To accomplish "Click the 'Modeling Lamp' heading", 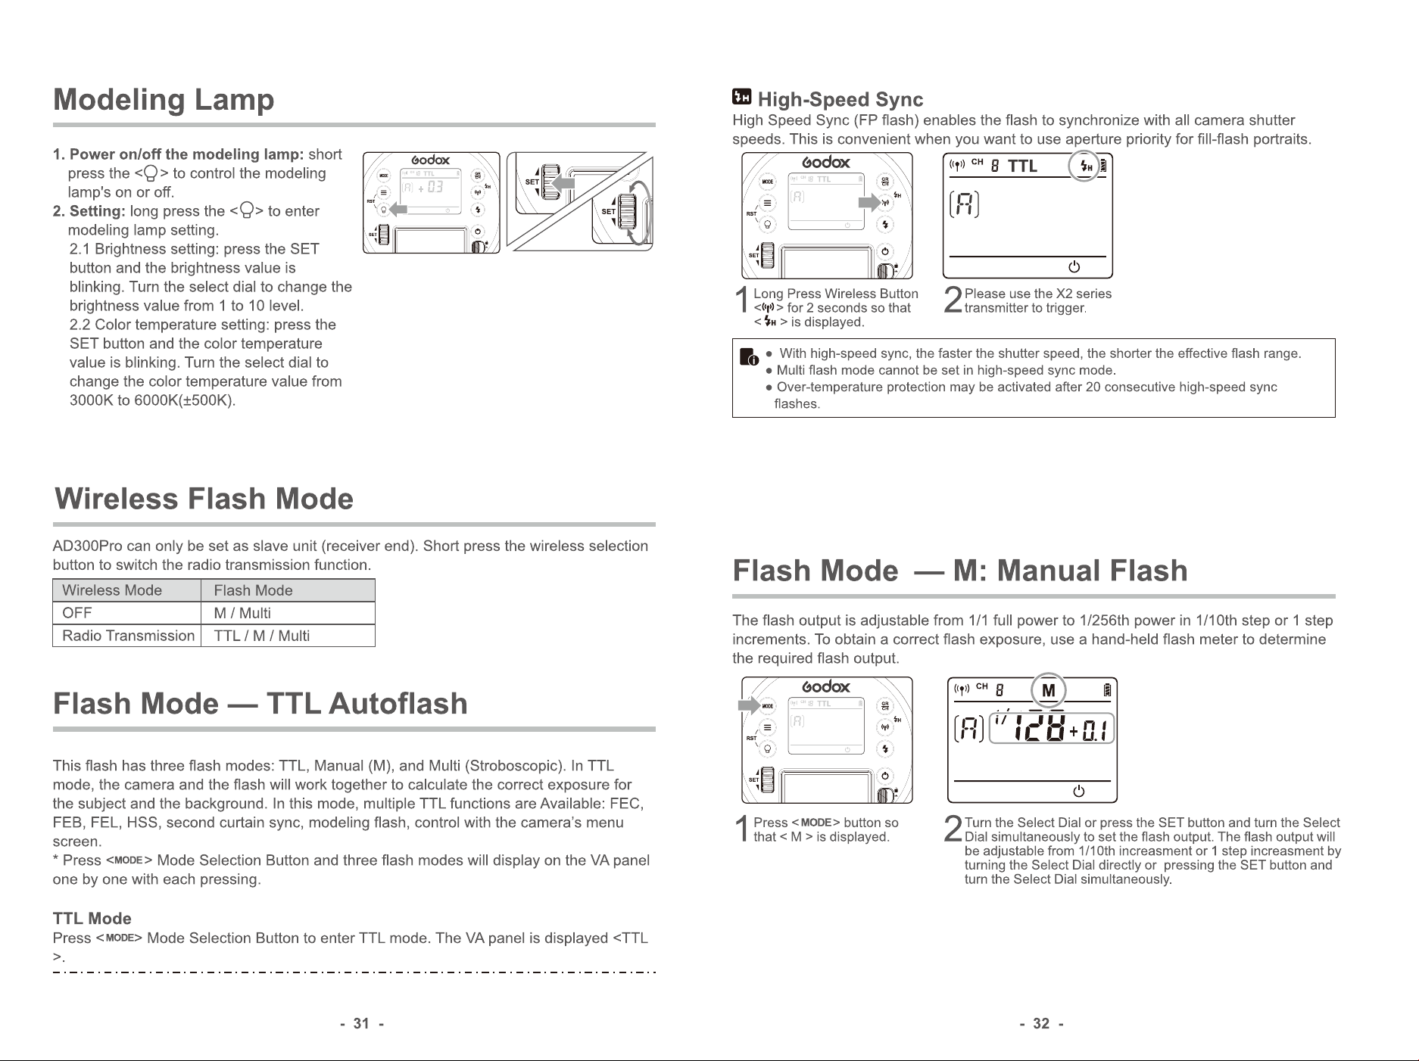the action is point(164,100).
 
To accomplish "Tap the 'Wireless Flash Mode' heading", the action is point(204,499).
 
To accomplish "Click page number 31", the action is point(362,1024).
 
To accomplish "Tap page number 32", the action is point(1042,1024).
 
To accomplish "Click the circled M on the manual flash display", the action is point(1049,690).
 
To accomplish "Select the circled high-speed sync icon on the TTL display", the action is point(1085,166).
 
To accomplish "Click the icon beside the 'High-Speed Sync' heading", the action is point(742,98).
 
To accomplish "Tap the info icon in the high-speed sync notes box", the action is point(749,357).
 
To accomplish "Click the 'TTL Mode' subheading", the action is point(92,919).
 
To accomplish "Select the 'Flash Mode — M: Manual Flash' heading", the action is point(960,571).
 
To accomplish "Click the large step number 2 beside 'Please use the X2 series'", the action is point(953,300).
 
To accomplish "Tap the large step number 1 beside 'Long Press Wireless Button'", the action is point(744,300).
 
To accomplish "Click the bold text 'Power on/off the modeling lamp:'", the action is point(186,154).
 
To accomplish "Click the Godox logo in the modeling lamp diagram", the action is point(431,160).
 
